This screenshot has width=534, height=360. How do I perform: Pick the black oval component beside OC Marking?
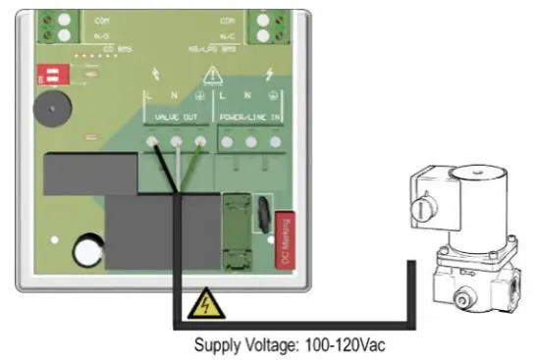coord(264,214)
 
